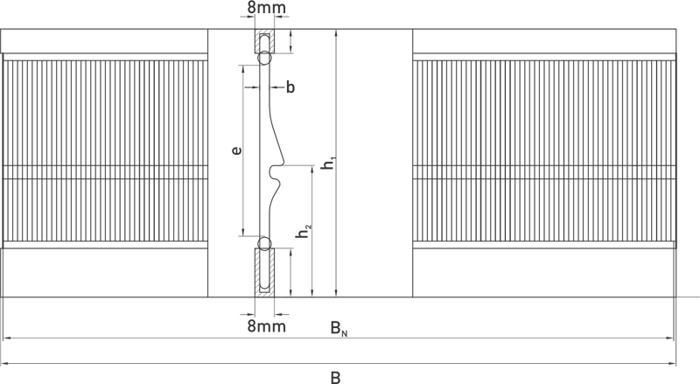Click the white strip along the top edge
[x=511, y=13]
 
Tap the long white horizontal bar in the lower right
[x=483, y=308]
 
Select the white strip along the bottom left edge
[x=161, y=375]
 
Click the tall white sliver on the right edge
[x=689, y=343]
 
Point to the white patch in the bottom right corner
[x=672, y=375]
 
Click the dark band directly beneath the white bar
[x=499, y=343]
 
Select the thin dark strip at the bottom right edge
[x=483, y=375]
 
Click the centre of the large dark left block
[x=161, y=183]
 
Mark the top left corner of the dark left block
[x=3, y=3]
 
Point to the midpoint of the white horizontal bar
[x=483, y=308]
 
